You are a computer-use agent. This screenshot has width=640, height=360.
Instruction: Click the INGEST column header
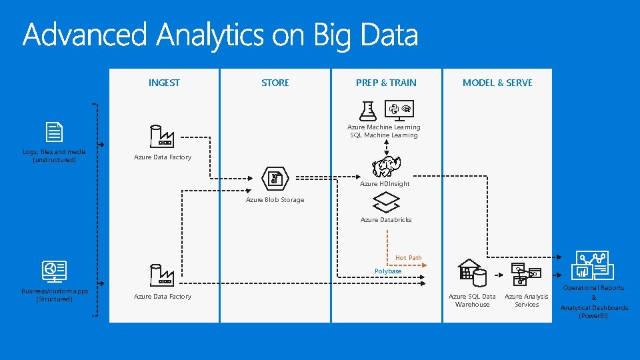(x=164, y=83)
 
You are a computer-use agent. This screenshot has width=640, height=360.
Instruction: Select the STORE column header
(x=275, y=83)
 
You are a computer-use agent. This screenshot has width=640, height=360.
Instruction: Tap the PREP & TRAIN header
(x=386, y=83)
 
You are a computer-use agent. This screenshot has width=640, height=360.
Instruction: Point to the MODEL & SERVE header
(x=497, y=83)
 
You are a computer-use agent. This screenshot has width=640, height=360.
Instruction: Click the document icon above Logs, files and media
(x=55, y=133)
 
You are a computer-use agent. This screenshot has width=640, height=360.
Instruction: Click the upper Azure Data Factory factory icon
(x=162, y=136)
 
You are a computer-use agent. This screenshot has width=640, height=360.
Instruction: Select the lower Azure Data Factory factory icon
(x=162, y=275)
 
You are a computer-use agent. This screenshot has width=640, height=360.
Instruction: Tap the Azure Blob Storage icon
(x=275, y=177)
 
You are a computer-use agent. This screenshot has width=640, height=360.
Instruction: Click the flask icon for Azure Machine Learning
(x=367, y=110)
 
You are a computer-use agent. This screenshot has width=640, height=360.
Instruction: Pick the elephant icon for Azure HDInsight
(x=386, y=167)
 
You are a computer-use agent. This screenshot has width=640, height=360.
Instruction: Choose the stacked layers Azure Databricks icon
(x=386, y=202)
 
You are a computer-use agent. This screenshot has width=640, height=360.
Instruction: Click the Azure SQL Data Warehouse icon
(x=472, y=273)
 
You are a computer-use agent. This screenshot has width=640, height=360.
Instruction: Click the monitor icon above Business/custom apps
(x=55, y=271)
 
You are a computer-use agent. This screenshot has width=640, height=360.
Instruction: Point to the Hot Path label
(x=408, y=258)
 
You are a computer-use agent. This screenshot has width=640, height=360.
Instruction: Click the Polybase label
(x=388, y=271)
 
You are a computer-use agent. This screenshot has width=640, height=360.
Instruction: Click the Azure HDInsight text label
(x=385, y=184)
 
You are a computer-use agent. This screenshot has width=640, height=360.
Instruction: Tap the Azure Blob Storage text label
(x=275, y=200)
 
